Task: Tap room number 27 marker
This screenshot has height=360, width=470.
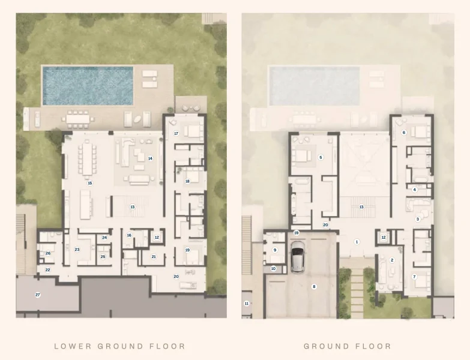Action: coord(38,295)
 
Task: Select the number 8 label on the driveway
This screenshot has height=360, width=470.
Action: coord(313,287)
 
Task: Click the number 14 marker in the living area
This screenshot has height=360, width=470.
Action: coord(150,158)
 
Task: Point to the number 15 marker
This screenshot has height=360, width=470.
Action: coord(90,183)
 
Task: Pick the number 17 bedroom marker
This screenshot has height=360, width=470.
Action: coord(176,133)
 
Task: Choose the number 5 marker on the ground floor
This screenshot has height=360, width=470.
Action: coord(321,157)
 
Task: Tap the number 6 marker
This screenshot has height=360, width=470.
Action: coord(404,132)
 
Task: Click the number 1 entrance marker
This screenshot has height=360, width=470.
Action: coord(357,242)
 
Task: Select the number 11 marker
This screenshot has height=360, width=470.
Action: coord(246,304)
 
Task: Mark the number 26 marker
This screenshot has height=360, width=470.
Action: coord(48,253)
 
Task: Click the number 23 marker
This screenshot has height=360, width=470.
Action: coord(77,249)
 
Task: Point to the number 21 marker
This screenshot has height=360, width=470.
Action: coord(154,256)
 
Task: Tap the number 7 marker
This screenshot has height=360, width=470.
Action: coord(414,276)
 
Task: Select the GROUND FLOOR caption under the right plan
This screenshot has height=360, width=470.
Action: coord(347,346)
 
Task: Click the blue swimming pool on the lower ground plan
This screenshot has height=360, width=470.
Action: coord(88,86)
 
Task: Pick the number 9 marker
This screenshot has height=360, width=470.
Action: coord(275,250)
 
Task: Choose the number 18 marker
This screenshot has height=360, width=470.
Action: coord(187,181)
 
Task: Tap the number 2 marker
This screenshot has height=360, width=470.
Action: coord(392,260)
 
